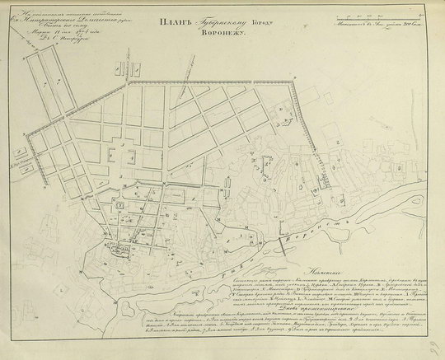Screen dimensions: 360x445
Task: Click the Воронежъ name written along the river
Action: [321, 227]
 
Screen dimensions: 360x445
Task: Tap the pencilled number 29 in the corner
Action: [432, 351]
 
